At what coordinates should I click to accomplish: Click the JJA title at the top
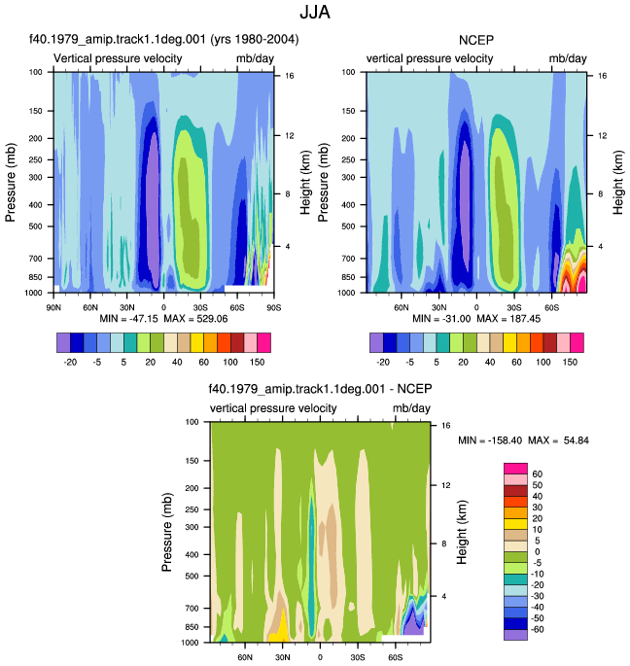click(315, 12)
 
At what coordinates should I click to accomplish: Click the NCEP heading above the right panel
click(476, 40)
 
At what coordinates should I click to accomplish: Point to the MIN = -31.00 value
click(441, 319)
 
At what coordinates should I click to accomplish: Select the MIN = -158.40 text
click(490, 440)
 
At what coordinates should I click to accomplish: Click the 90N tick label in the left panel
click(53, 307)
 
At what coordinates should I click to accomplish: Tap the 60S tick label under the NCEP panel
click(552, 307)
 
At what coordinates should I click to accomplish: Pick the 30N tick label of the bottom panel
click(283, 657)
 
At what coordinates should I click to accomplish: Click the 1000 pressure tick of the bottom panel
click(189, 643)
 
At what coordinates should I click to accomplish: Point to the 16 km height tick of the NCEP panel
click(603, 76)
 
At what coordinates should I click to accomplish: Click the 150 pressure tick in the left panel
click(36, 111)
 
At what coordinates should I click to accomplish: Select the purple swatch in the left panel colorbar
click(63, 343)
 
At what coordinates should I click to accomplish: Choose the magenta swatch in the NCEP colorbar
click(577, 343)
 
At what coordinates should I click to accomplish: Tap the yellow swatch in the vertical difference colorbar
click(515, 524)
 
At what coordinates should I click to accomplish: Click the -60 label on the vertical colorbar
click(538, 629)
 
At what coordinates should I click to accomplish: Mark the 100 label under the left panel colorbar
click(230, 362)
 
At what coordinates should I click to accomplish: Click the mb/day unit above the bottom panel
click(411, 408)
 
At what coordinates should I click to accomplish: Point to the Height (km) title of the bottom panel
click(462, 532)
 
